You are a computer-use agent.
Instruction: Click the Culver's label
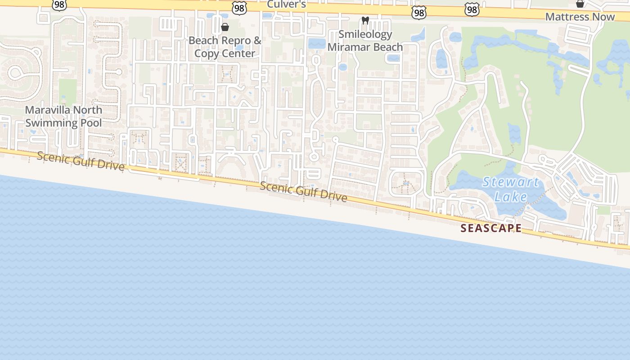(x=287, y=4)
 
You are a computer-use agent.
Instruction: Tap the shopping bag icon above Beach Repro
(x=225, y=27)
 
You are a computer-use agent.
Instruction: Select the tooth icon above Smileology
(x=365, y=21)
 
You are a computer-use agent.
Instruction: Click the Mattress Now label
(x=580, y=17)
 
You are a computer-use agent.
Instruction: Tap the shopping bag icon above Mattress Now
(x=580, y=4)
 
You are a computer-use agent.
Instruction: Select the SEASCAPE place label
(x=491, y=228)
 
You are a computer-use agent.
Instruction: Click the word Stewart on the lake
(x=510, y=182)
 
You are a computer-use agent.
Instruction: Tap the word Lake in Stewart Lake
(x=510, y=197)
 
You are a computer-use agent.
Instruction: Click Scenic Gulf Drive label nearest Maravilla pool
(x=81, y=161)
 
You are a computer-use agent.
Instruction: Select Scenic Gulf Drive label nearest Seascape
(x=303, y=192)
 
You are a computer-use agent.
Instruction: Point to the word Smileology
(x=365, y=35)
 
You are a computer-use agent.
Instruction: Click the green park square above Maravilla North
(x=67, y=91)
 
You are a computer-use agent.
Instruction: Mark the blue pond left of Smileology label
(x=317, y=44)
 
